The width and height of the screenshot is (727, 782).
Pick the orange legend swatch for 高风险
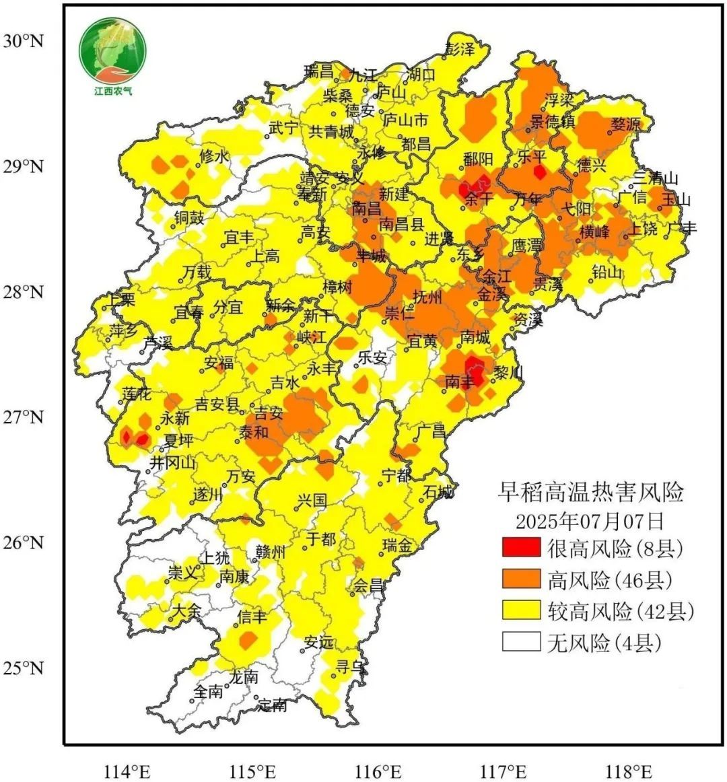(x=521, y=579)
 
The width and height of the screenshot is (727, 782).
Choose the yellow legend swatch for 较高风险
(x=521, y=611)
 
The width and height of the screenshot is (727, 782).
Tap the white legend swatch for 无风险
(x=521, y=643)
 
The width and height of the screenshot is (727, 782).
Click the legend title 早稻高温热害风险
(x=590, y=493)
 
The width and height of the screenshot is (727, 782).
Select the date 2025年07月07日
(x=590, y=521)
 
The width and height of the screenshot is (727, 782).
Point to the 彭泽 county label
(x=460, y=50)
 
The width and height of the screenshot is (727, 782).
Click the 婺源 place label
(x=626, y=125)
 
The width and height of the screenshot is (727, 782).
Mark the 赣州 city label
(x=271, y=553)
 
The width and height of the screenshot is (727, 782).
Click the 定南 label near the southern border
(x=272, y=705)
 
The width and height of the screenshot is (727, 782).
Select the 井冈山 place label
(x=172, y=463)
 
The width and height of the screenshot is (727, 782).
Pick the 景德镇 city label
(x=552, y=122)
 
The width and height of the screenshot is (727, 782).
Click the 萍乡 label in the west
(x=123, y=330)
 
